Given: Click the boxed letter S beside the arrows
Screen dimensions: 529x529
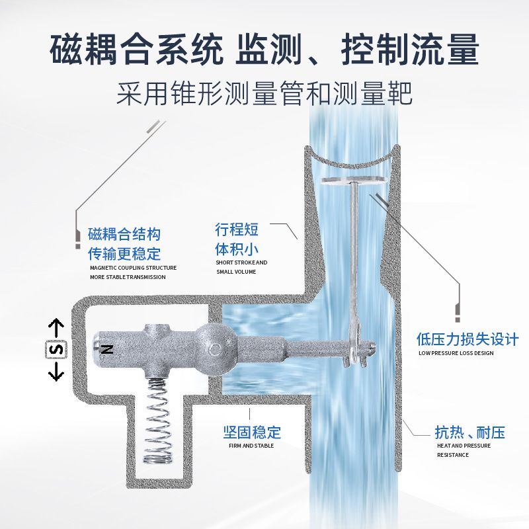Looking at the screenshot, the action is [x=56, y=349].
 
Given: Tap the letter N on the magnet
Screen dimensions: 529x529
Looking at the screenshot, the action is [x=107, y=349].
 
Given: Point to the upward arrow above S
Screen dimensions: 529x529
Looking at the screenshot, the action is [x=56, y=328].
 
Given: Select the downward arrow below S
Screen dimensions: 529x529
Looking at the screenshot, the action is [x=56, y=371].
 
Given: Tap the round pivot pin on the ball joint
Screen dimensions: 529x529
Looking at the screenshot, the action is [x=214, y=349].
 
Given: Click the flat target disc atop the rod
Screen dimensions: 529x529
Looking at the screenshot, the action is [x=354, y=181].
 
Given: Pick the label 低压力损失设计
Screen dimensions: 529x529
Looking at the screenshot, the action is [x=468, y=339].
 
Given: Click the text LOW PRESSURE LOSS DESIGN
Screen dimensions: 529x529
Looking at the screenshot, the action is [x=456, y=353].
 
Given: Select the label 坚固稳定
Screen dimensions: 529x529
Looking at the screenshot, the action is [x=252, y=432].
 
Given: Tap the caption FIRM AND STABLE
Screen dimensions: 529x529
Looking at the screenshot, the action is [x=251, y=446].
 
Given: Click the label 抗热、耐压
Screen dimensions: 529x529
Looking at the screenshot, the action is [x=470, y=432].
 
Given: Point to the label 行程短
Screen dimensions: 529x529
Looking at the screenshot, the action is [x=237, y=229].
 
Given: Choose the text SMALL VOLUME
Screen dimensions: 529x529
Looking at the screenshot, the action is [x=236, y=272].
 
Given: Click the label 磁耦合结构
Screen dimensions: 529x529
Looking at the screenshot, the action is [x=124, y=234].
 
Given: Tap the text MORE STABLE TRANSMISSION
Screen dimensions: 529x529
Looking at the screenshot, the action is [x=128, y=277].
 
